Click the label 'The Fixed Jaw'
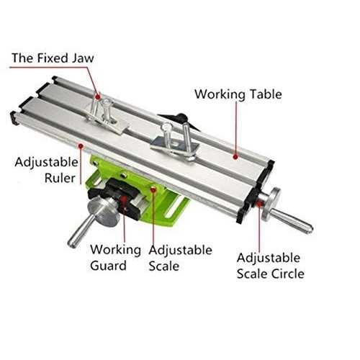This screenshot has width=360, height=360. tap(53, 58)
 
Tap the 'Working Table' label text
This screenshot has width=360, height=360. tap(238, 94)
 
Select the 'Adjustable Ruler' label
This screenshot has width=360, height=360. tap(46, 170)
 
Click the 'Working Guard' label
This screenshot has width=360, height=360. tap(116, 258)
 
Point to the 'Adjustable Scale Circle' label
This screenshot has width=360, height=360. tap(271, 266)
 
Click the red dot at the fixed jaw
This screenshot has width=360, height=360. tap(97, 96)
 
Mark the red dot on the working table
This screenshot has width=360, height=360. tap(235, 157)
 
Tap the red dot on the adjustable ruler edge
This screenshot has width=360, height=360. tap(81, 145)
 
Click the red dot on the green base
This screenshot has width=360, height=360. tap(153, 189)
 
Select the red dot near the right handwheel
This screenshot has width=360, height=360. tap(258, 204)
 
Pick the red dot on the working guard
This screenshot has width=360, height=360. tap(124, 199)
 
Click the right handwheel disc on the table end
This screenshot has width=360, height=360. tap(271, 204)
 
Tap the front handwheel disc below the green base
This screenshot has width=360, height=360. tap(103, 211)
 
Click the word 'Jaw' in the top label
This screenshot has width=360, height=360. tap(84, 58)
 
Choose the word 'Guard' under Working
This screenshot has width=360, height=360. tap(108, 266)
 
